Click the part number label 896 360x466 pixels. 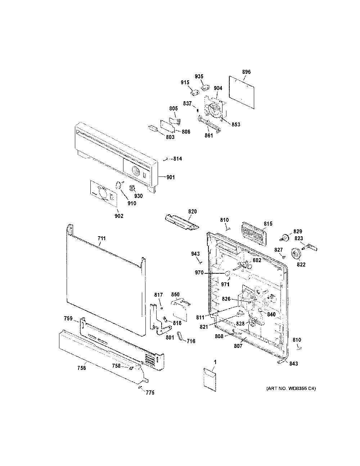(x=246, y=72)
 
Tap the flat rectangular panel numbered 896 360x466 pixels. (x=242, y=92)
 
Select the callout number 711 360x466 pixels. (x=102, y=238)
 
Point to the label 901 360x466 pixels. (x=171, y=177)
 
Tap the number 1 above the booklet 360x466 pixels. (x=215, y=362)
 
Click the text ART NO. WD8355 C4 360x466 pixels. (x=291, y=388)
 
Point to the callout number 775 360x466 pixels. (x=150, y=393)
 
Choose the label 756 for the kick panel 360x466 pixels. (x=81, y=368)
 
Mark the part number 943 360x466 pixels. (x=195, y=254)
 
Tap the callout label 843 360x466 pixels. (x=293, y=363)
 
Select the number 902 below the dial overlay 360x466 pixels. (x=119, y=216)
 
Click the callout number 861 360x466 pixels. (x=208, y=135)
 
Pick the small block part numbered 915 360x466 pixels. (x=194, y=93)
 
